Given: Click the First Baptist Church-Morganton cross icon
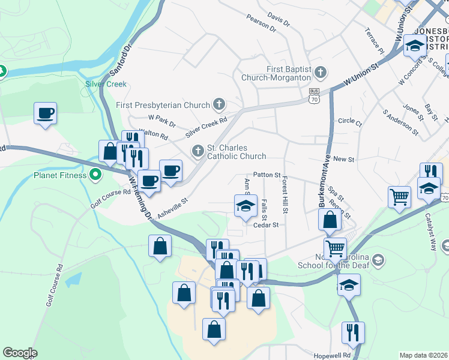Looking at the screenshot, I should pyautogui.click(x=320, y=73).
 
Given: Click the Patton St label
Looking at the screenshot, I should pyautogui.click(x=267, y=175).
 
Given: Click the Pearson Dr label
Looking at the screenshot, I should pyautogui.click(x=261, y=23).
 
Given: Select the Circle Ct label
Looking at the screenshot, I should pyautogui.click(x=350, y=122).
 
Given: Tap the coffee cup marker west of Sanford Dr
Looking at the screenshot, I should pyautogui.click(x=46, y=113).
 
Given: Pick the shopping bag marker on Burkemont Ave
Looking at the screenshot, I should pyautogui.click(x=330, y=220).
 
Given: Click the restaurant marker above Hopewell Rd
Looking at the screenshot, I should pyautogui.click(x=353, y=332).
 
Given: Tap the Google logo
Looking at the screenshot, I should pyautogui.click(x=20, y=353).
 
